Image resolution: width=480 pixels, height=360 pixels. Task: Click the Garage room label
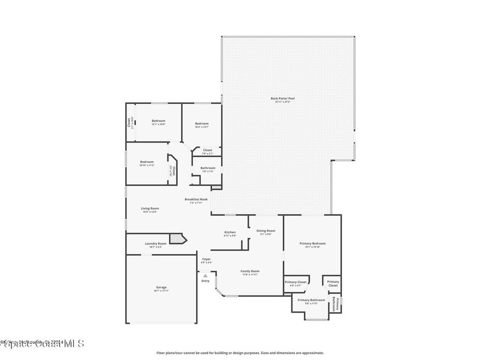pos(161,287)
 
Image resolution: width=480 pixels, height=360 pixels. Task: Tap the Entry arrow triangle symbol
pos(205,276)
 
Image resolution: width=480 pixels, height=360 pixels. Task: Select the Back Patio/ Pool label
pos(283,98)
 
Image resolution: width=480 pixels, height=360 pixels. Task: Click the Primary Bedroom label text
pos(313,243)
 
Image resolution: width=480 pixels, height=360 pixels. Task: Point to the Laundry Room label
pos(156,244)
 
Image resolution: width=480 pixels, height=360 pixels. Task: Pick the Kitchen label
pos(230,232)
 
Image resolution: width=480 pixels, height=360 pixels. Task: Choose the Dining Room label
pos(266,231)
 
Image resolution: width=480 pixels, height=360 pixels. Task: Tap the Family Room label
pos(250,271)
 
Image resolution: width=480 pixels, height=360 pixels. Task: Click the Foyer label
pos(206,259)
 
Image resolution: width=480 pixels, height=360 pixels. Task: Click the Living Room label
pos(150,208)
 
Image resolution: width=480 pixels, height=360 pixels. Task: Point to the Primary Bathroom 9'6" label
pos(311,300)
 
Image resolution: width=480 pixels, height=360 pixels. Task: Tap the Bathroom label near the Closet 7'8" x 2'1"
pos(208,168)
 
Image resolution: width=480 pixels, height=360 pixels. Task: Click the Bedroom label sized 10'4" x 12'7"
pos(202,124)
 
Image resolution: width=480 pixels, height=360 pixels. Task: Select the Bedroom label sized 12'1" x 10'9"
pos(158,121)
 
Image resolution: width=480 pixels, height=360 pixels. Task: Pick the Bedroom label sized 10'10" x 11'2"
pos(147,162)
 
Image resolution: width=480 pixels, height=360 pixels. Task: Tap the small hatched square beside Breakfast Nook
pos(216,187)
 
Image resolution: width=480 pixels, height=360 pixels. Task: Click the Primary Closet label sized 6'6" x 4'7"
pos(296,282)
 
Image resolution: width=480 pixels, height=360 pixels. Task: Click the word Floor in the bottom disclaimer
pos(160,352)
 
